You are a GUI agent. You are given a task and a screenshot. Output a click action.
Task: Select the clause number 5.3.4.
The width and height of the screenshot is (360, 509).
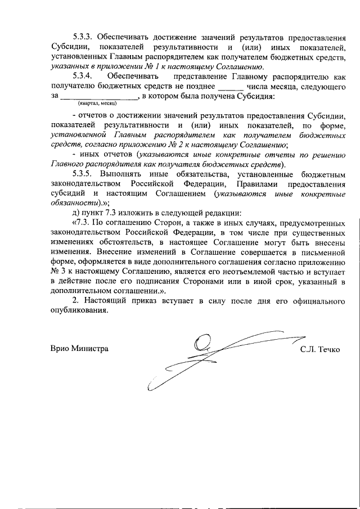pos(83,75)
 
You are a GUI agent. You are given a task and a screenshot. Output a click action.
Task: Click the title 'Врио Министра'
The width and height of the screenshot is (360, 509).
pos(79,349)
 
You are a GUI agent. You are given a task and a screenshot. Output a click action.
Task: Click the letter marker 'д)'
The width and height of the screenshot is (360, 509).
pos(78,214)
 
